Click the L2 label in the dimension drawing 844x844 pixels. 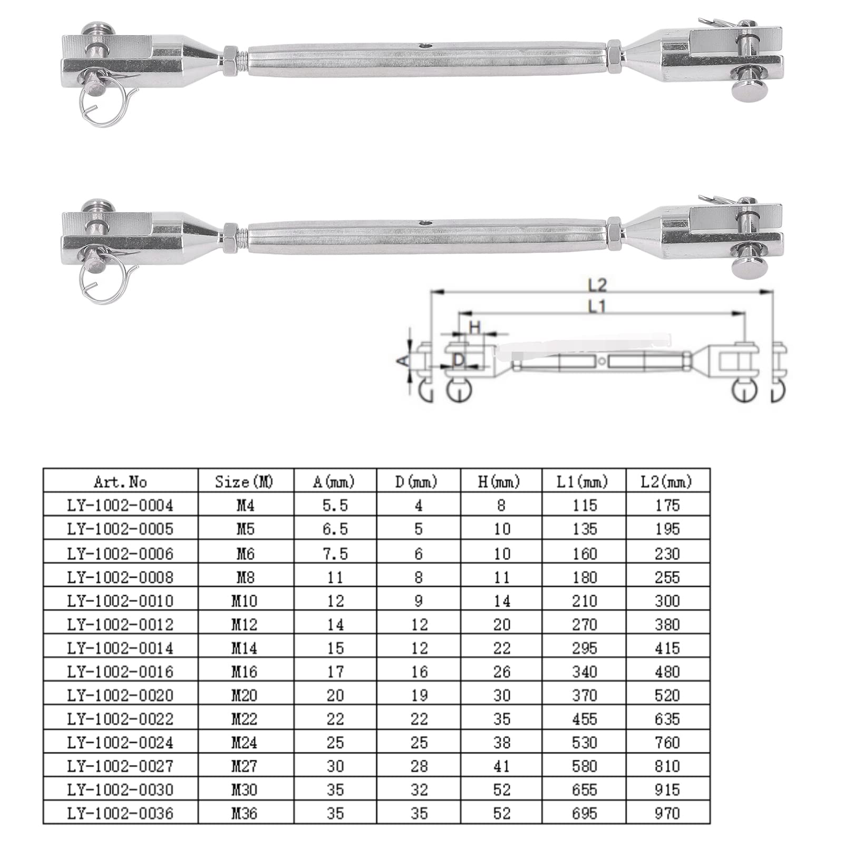tap(598, 285)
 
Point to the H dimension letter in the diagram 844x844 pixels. tap(474, 327)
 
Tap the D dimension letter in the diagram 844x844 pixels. tap(459, 360)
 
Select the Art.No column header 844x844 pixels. tap(120, 481)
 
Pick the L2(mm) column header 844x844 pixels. tap(668, 481)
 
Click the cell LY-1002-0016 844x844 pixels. tap(120, 672)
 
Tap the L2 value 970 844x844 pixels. tap(667, 813)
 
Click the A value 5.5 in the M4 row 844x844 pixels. tap(335, 506)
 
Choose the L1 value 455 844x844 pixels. tap(585, 719)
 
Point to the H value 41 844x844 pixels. tap(501, 766)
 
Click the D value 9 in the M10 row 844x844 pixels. tap(419, 601)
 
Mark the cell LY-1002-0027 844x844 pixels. tap(120, 766)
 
